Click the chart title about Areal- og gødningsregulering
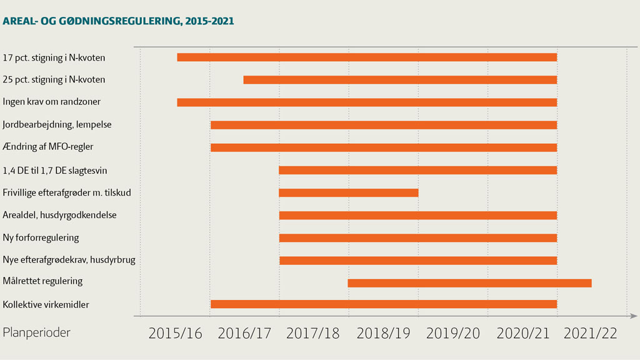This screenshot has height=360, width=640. pyautogui.click(x=119, y=21)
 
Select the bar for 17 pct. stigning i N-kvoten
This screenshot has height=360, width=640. pyautogui.click(x=367, y=57)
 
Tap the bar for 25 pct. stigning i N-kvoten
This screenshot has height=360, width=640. pyautogui.click(x=400, y=80)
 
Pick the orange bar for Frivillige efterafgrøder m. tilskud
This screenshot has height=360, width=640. pyautogui.click(x=348, y=192)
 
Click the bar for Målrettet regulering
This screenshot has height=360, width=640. pyautogui.click(x=469, y=283)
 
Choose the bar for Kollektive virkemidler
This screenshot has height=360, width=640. pyautogui.click(x=384, y=304)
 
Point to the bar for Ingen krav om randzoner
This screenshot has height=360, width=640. pyautogui.click(x=367, y=102)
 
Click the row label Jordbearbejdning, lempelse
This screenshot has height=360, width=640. pyautogui.click(x=57, y=124)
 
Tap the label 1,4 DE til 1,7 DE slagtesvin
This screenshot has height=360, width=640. pyautogui.click(x=59, y=170)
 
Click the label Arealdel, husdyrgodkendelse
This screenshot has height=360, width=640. pyautogui.click(x=60, y=215)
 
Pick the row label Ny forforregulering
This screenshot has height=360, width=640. pyautogui.click(x=41, y=237)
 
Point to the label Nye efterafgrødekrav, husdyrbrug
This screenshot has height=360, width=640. pyautogui.click(x=69, y=260)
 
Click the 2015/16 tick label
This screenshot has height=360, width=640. pyautogui.click(x=176, y=333)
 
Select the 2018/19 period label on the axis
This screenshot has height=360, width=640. pyautogui.click(x=383, y=333)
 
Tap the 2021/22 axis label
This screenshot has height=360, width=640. pyautogui.click(x=590, y=333)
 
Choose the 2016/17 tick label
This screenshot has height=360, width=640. pyautogui.click(x=244, y=333)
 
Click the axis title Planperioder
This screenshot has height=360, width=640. pyautogui.click(x=37, y=332)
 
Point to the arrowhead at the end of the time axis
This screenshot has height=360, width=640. pyautogui.click(x=634, y=316)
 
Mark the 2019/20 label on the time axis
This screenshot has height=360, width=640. pyautogui.click(x=453, y=333)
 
